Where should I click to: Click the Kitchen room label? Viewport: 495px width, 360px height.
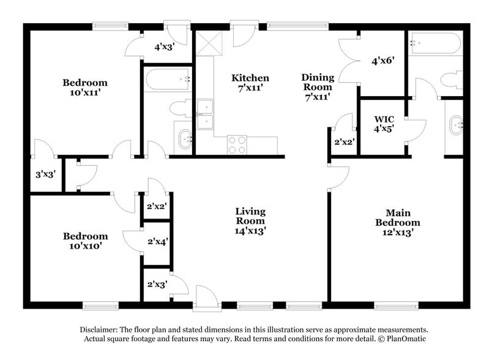250,83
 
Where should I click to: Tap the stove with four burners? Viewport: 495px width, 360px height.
237,144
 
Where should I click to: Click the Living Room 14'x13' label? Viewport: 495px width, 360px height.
250,221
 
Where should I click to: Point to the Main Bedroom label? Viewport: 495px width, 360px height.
397,222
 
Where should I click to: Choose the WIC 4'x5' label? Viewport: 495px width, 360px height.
384,124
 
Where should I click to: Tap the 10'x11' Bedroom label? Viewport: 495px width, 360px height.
85,88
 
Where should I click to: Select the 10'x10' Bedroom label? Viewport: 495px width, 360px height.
86,241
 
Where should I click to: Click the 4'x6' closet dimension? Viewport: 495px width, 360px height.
382,61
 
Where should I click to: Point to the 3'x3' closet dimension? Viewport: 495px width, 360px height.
45,174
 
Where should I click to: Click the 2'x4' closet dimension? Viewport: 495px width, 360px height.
157,241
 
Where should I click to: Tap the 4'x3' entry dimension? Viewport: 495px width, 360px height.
165,46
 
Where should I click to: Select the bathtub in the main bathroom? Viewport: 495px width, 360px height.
435,43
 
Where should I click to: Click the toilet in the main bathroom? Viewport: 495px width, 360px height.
452,80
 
